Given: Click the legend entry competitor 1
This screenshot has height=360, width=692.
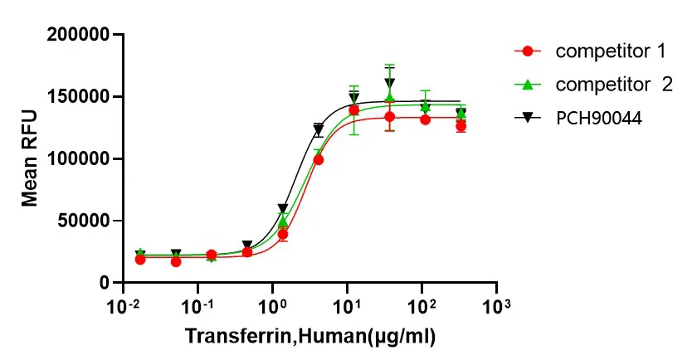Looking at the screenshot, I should click(x=611, y=51).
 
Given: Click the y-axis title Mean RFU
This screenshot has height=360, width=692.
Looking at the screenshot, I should click(x=31, y=160).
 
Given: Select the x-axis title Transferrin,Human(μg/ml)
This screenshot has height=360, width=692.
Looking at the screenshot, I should click(x=310, y=337).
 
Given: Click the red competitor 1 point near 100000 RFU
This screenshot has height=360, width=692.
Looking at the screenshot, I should click(x=319, y=159).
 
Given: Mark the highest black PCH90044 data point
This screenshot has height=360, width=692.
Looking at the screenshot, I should click(x=390, y=83).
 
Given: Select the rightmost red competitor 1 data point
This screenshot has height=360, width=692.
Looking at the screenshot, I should click(x=461, y=126).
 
